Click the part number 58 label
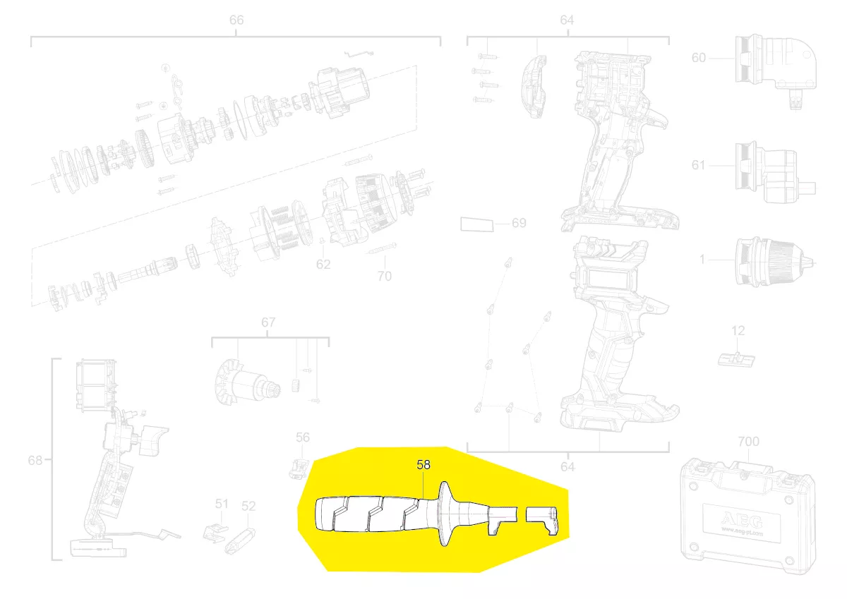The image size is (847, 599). pyautogui.click(x=423, y=464)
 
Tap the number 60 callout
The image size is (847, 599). pyautogui.click(x=698, y=58)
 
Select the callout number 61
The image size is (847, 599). pyautogui.click(x=698, y=165)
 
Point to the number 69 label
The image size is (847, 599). pyautogui.click(x=519, y=223)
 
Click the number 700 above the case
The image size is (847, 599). pyautogui.click(x=748, y=442)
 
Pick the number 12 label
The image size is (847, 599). pyautogui.click(x=738, y=331)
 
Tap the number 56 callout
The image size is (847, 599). pyautogui.click(x=303, y=437)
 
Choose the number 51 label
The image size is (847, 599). pyautogui.click(x=222, y=504)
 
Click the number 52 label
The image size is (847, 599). pyautogui.click(x=248, y=506)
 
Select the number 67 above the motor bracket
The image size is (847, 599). pyautogui.click(x=268, y=322)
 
